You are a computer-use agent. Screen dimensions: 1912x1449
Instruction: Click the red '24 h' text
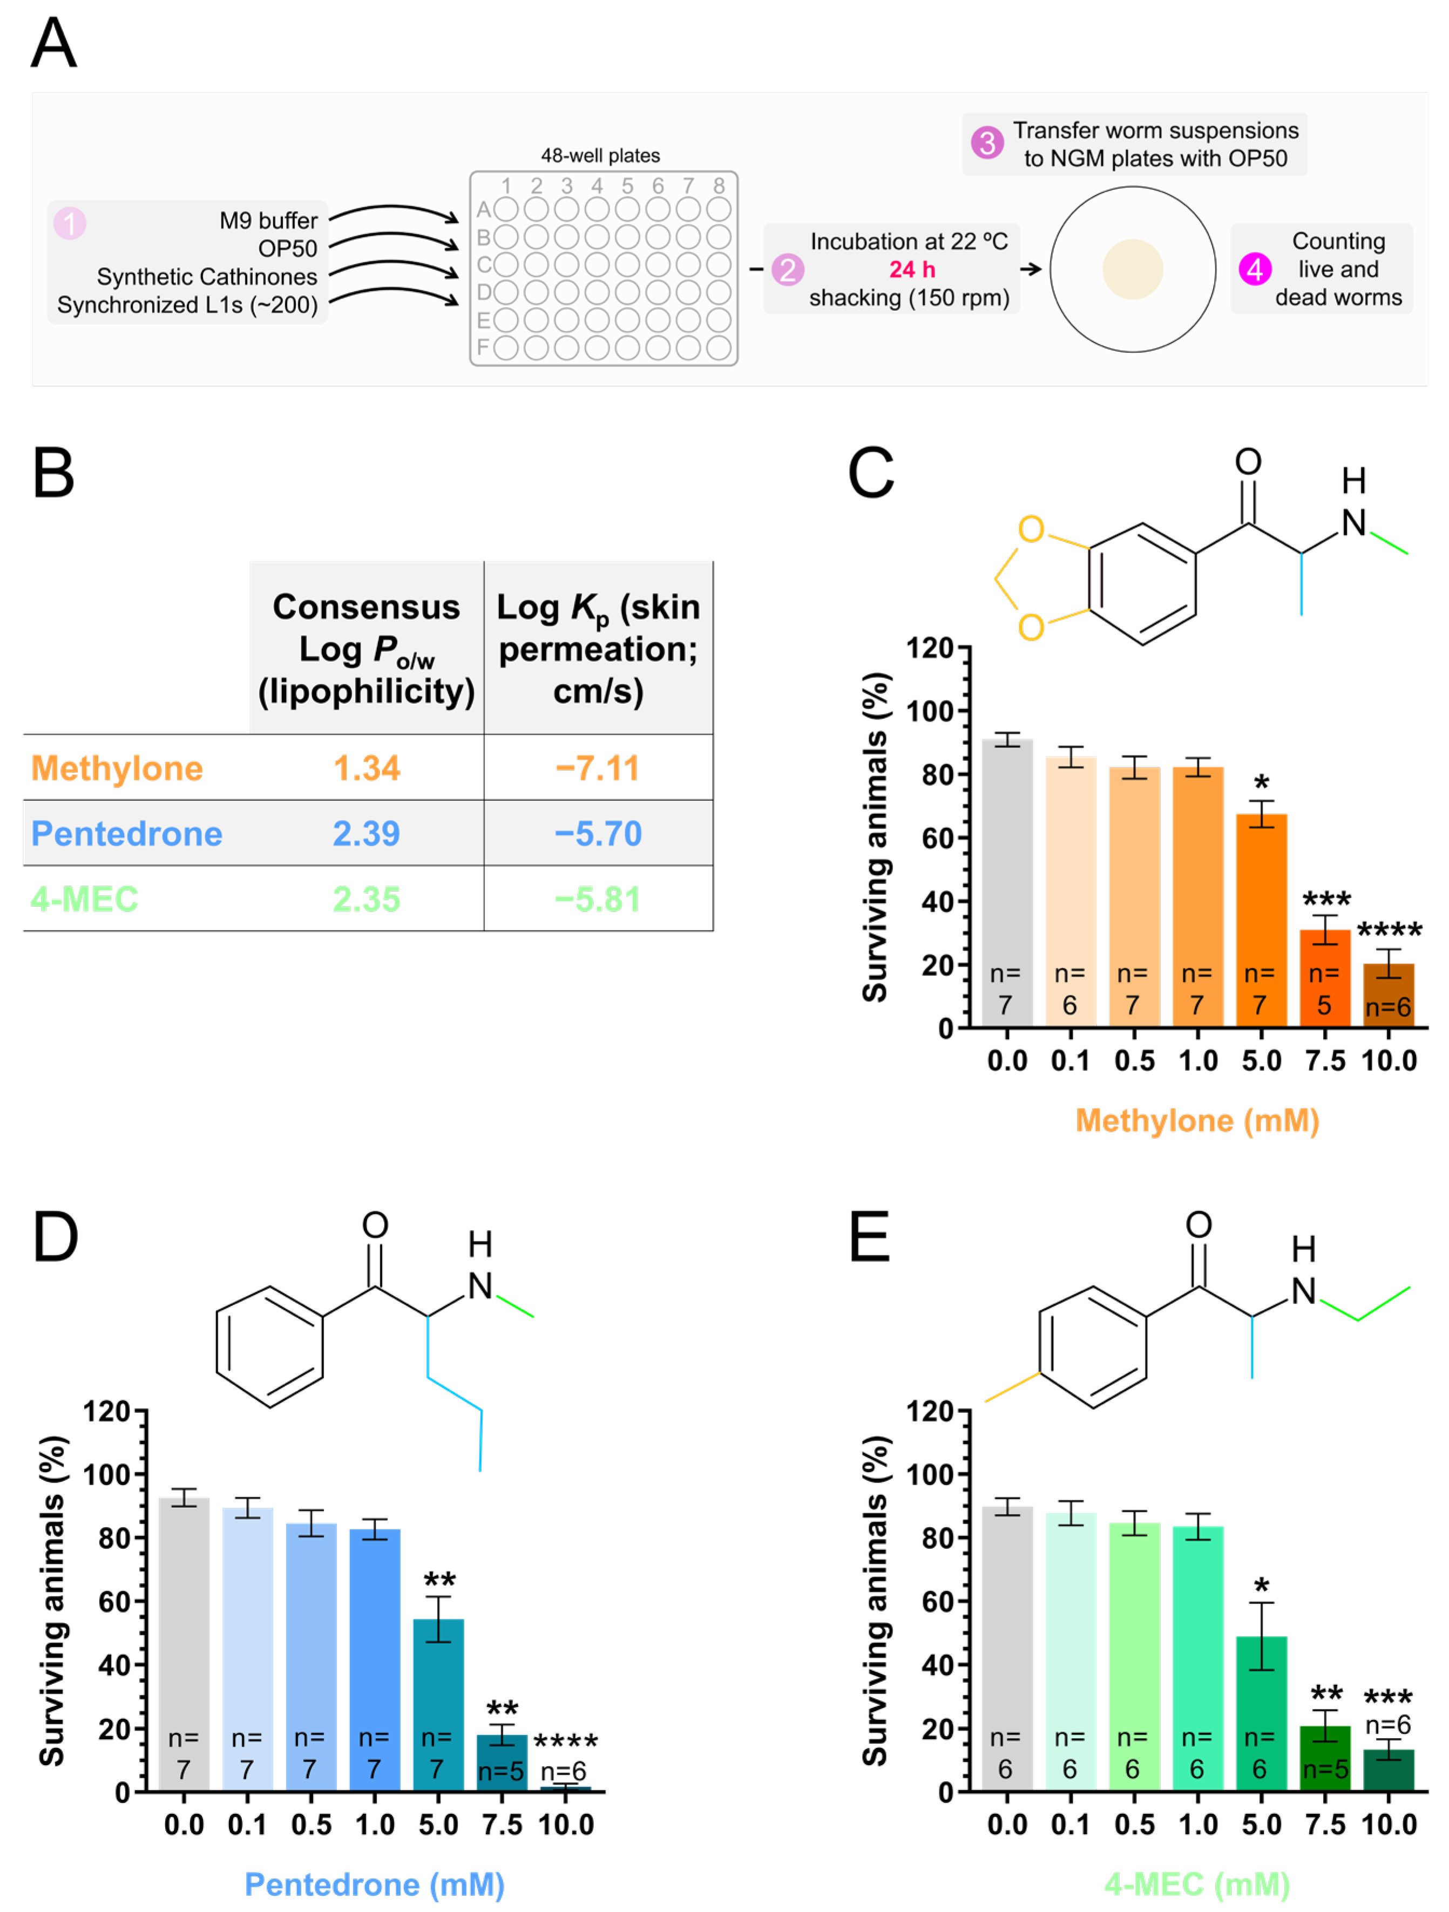tap(912, 270)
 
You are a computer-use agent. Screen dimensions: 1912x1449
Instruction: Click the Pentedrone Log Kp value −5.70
tap(598, 833)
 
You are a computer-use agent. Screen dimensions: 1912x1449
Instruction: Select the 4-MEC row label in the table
tap(85, 899)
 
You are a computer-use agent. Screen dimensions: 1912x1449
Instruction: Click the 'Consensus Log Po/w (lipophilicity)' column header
tap(367, 648)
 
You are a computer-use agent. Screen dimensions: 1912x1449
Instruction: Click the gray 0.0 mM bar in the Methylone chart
tap(1007, 882)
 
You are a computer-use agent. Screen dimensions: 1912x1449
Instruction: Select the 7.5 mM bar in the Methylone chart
tap(1324, 977)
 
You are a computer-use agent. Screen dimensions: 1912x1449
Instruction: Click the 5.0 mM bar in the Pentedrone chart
tap(438, 1703)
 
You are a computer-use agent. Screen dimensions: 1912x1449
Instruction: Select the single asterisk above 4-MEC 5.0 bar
tap(1261, 1587)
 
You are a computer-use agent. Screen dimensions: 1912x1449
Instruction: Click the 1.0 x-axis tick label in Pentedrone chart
tap(374, 1824)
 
